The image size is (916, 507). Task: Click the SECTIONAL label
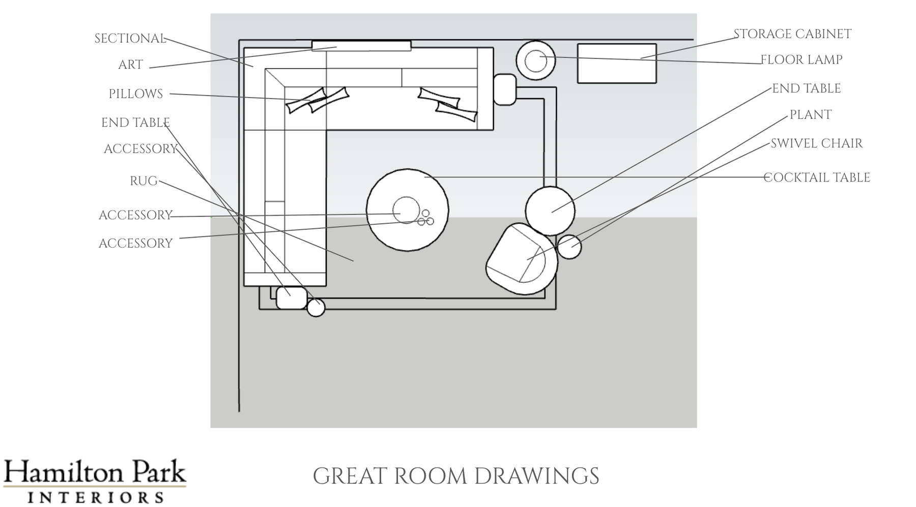[130, 39]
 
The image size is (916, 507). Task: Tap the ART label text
[131, 65]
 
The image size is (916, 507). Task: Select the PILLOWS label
[136, 94]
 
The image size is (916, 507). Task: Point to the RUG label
[144, 182]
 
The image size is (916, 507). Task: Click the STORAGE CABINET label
[792, 34]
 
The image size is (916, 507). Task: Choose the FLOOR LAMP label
[801, 60]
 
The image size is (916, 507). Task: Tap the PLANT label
[811, 115]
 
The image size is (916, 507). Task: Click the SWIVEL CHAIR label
[817, 143]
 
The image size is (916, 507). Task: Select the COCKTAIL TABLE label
[817, 177]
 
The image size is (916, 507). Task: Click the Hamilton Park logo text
[95, 472]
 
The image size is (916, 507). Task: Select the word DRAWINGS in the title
[536, 476]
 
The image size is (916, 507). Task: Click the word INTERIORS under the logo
[96, 497]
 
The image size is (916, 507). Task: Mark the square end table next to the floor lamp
[505, 90]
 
